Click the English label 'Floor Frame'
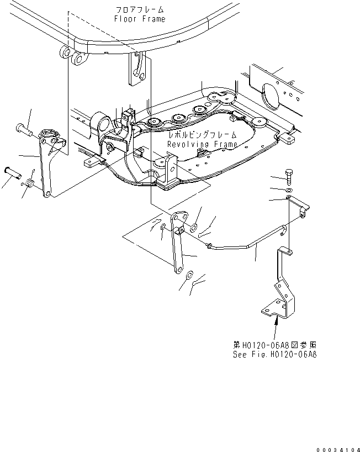click(140, 19)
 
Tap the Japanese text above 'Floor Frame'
click(140, 10)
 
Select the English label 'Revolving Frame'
click(203, 144)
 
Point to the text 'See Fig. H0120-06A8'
click(275, 354)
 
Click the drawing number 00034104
click(338, 450)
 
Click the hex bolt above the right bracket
click(289, 177)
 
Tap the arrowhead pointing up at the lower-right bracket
click(277, 319)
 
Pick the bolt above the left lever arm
click(24, 129)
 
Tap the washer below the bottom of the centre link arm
click(189, 275)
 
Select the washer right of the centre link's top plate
click(194, 227)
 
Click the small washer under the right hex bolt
click(289, 190)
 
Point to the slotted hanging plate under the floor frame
click(137, 69)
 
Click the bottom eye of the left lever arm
click(47, 194)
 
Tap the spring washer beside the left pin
click(30, 183)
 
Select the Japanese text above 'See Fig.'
click(275, 345)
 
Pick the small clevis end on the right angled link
click(303, 213)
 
